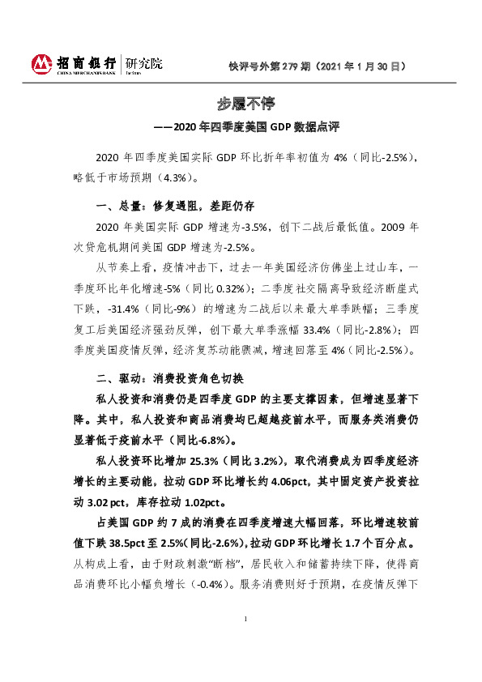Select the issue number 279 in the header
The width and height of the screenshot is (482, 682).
pos(296,66)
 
